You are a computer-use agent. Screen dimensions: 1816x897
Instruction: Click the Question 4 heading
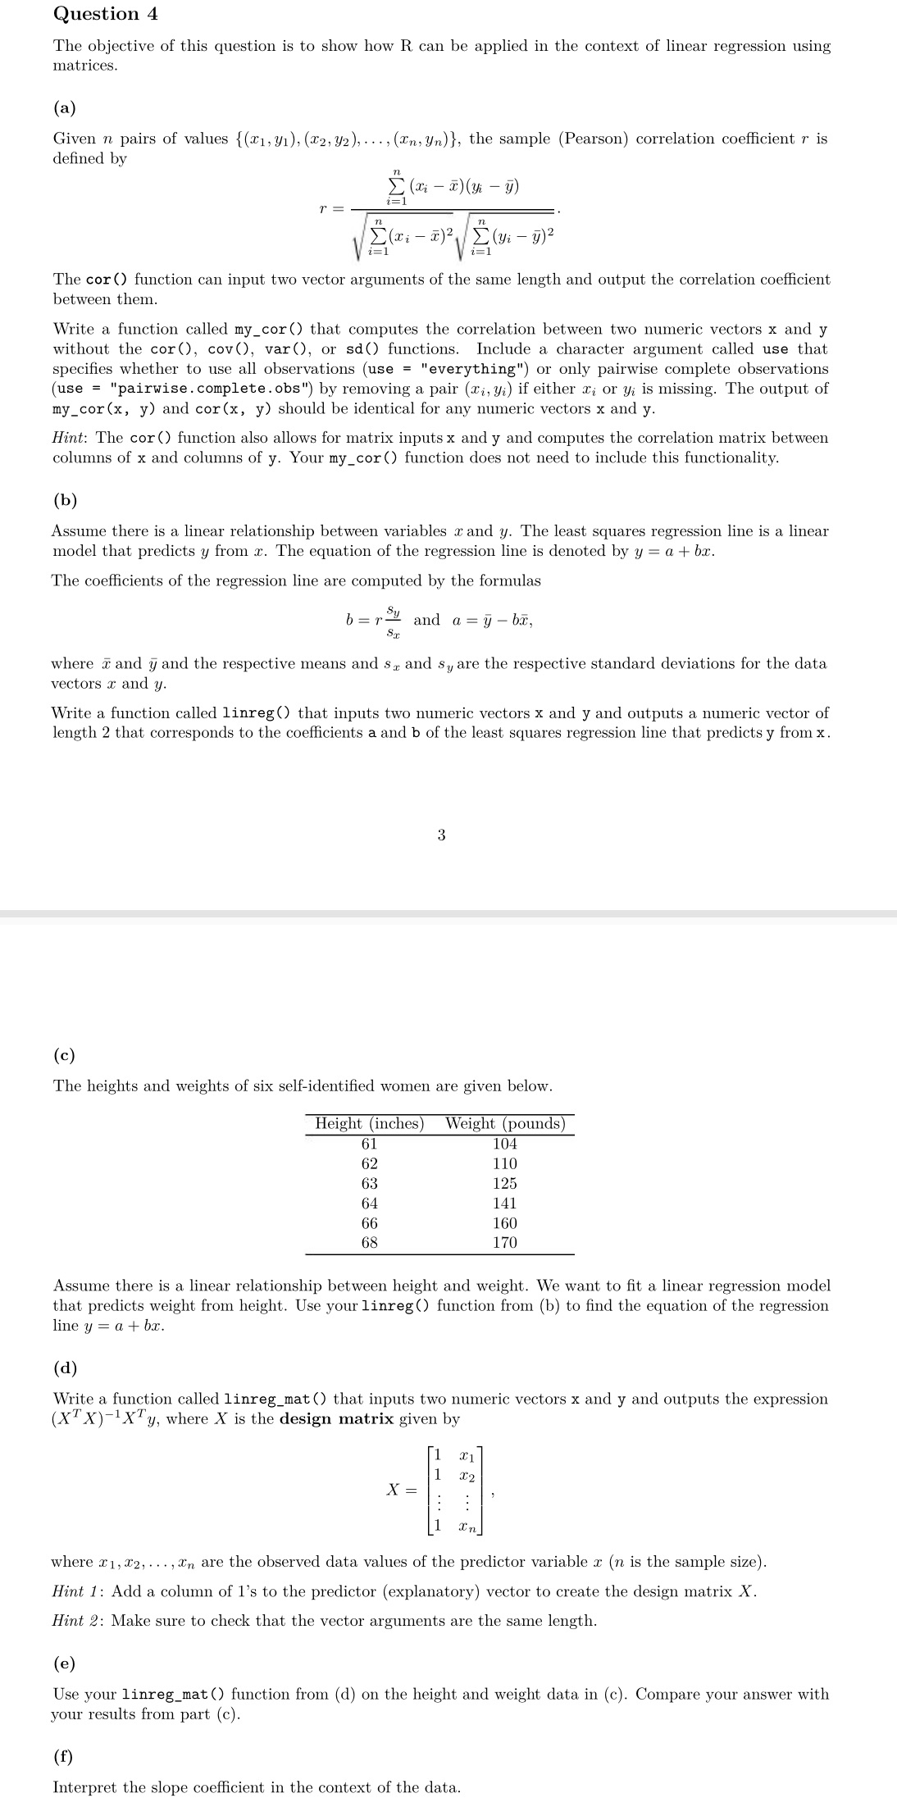[105, 14]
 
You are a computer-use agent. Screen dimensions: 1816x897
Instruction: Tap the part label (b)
[65, 499]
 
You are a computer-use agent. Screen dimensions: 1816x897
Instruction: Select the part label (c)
[64, 1055]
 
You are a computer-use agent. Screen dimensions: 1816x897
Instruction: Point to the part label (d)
[65, 1368]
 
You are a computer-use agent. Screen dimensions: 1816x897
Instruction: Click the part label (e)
[64, 1664]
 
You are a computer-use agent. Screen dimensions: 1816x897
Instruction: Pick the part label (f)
[63, 1756]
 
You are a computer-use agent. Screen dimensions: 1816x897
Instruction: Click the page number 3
[441, 835]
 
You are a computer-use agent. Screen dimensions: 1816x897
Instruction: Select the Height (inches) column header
[370, 1123]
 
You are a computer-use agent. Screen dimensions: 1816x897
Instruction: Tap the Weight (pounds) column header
[505, 1123]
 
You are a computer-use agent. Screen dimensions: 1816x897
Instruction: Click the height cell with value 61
[370, 1144]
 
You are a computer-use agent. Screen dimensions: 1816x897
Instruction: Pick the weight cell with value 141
[505, 1203]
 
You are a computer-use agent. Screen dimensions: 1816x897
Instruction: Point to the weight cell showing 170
[505, 1242]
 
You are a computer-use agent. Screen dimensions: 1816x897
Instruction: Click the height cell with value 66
[370, 1222]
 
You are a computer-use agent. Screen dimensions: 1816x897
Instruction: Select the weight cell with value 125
[505, 1183]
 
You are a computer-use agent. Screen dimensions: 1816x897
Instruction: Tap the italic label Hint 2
[79, 1621]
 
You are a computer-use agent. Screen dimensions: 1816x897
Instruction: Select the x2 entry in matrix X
[467, 1475]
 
